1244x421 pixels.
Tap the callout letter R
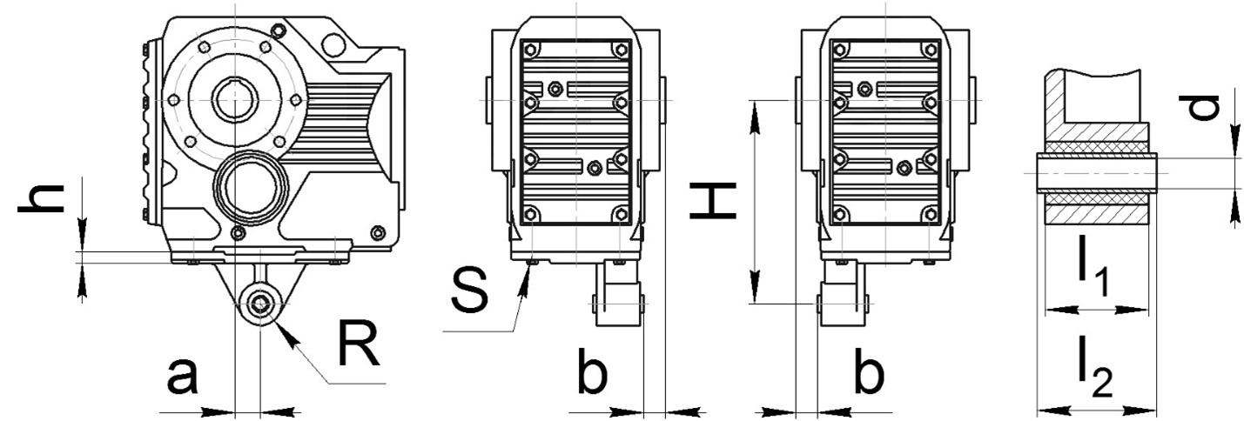359,344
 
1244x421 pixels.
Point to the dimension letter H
713,199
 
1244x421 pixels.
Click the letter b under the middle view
592,371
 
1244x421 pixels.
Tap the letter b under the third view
869,371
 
